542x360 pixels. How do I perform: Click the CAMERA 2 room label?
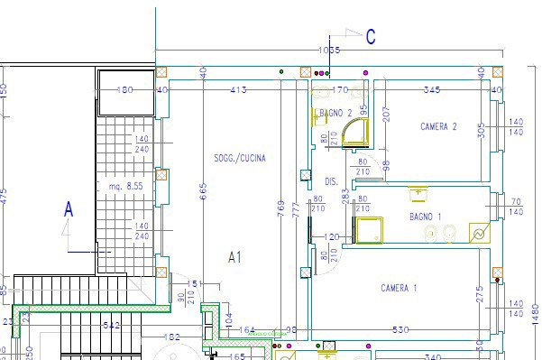pyautogui.click(x=439, y=127)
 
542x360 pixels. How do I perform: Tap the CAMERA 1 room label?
pyautogui.click(x=399, y=288)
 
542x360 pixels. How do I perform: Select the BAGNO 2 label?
pyautogui.click(x=335, y=113)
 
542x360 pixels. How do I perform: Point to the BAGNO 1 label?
pyautogui.click(x=426, y=217)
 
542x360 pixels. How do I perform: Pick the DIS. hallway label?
pyautogui.click(x=331, y=181)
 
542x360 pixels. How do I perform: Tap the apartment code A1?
pyautogui.click(x=234, y=257)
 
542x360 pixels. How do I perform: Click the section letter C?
pyautogui.click(x=371, y=37)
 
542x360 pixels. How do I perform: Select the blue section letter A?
pyautogui.click(x=68, y=209)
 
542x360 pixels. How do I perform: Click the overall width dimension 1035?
pyautogui.click(x=329, y=50)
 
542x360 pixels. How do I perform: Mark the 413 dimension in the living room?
pyautogui.click(x=238, y=89)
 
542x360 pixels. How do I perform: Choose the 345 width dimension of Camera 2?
pyautogui.click(x=432, y=89)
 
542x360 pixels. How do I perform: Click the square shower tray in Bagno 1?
pyautogui.click(x=369, y=230)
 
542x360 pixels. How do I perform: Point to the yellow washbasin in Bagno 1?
pyautogui.click(x=417, y=193)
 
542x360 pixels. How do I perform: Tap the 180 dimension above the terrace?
pyautogui.click(x=125, y=89)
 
